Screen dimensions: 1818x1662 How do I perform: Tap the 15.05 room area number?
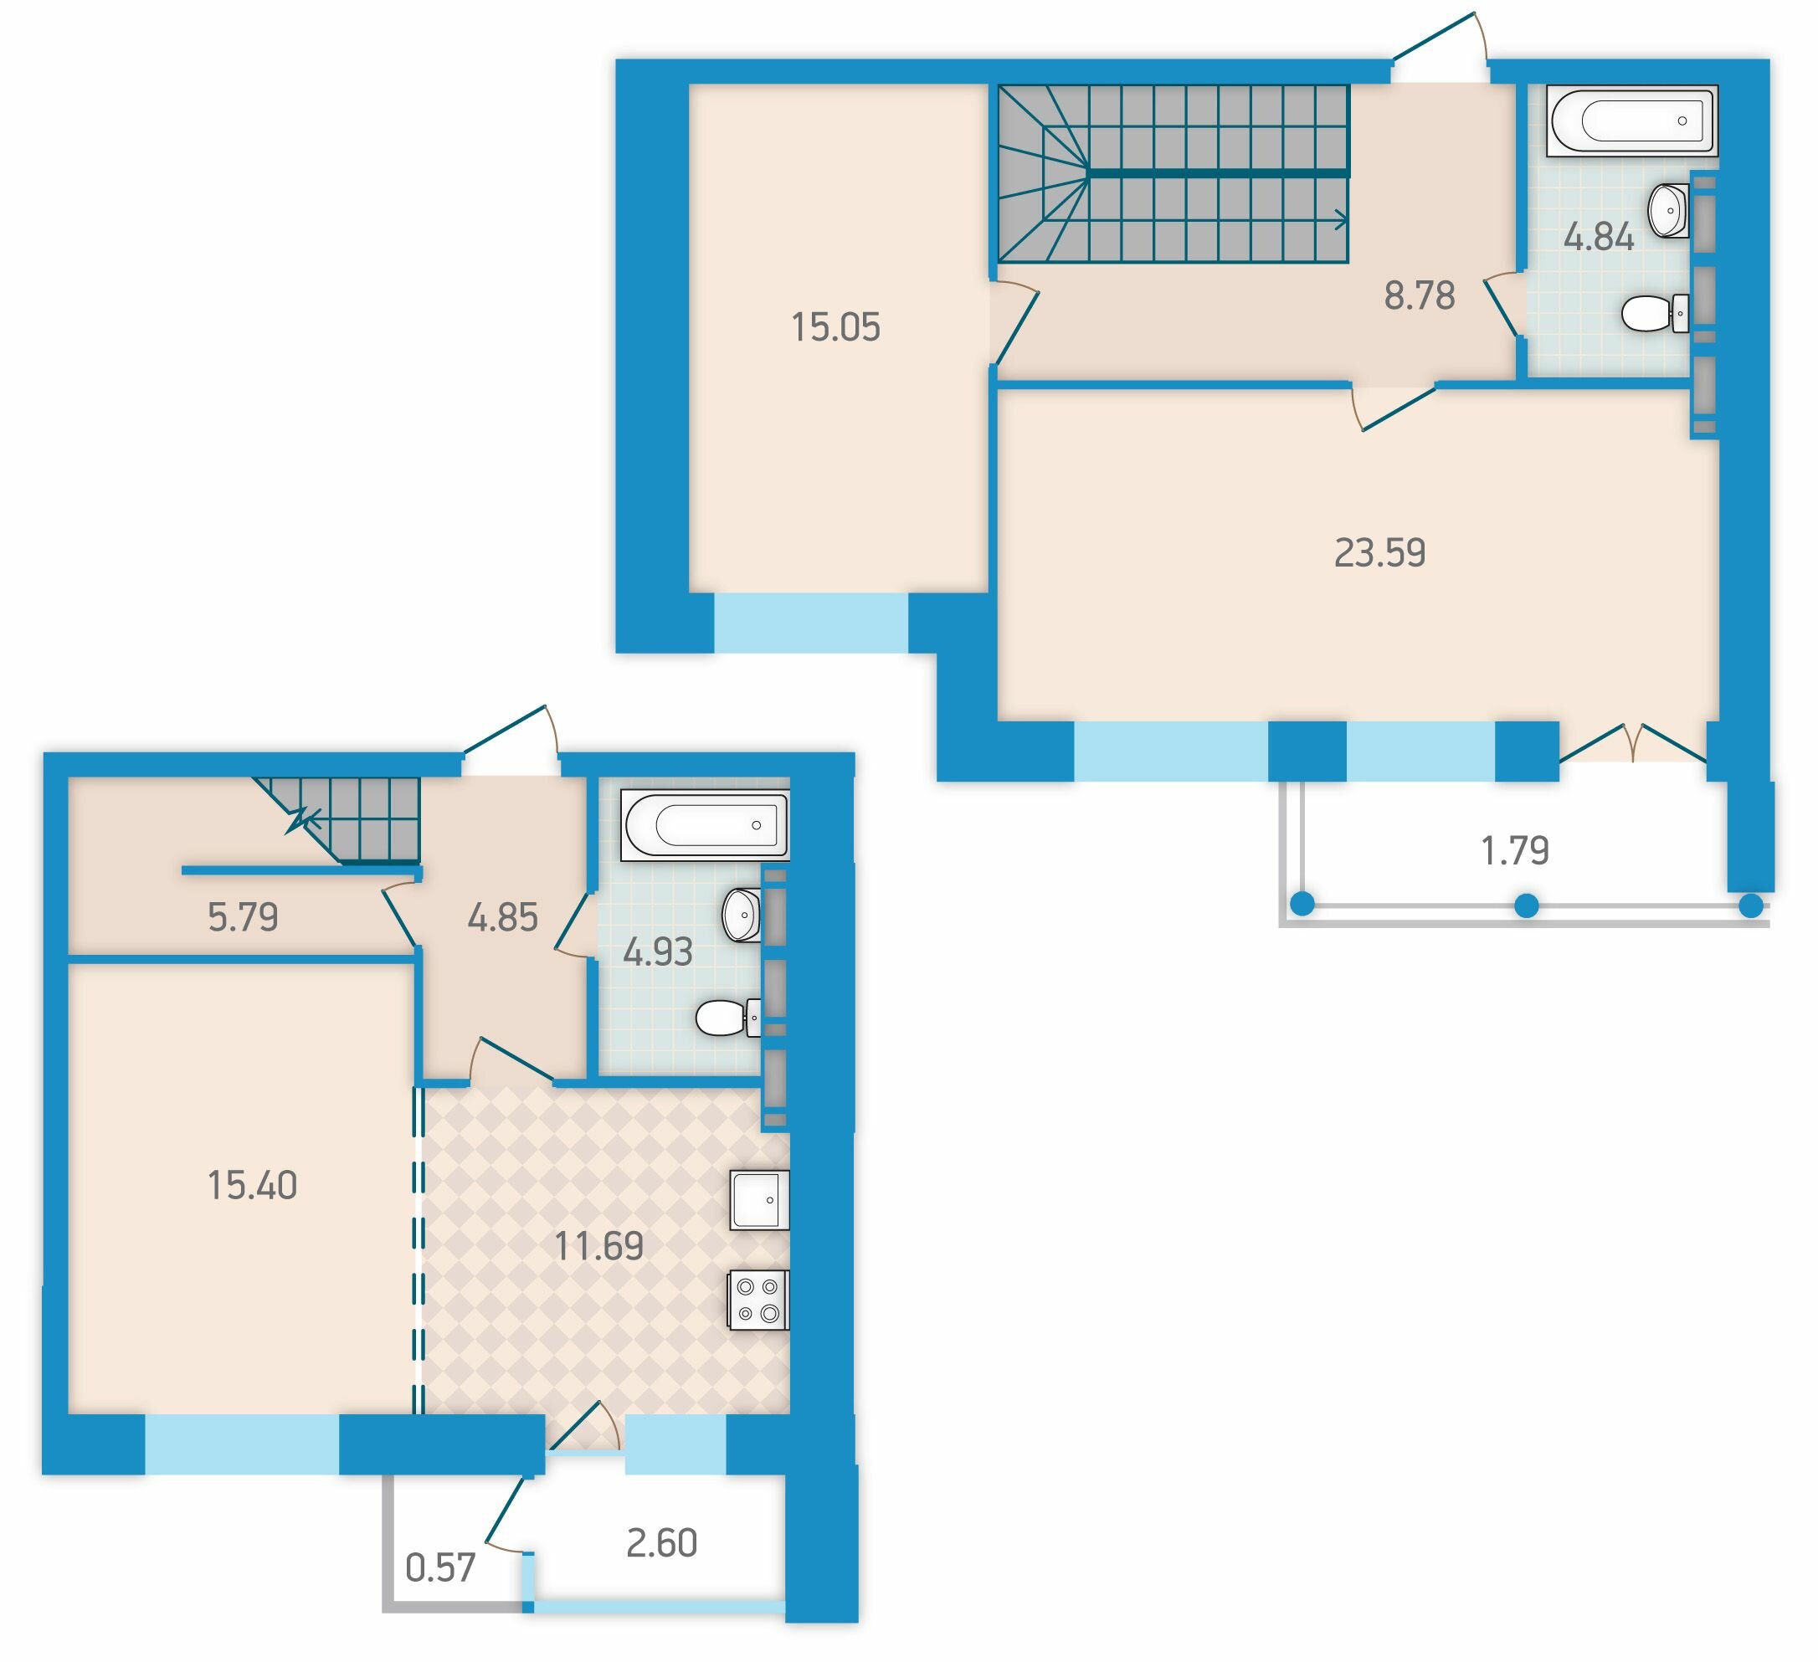(x=835, y=327)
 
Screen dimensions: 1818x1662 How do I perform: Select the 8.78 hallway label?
(x=1420, y=295)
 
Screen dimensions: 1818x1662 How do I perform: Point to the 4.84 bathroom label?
(x=1599, y=237)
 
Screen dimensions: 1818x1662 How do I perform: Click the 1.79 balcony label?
(x=1515, y=850)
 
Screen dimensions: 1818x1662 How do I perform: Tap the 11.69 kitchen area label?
(x=598, y=1246)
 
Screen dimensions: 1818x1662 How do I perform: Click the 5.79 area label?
(x=243, y=917)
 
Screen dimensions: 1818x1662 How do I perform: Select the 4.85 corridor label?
(x=502, y=917)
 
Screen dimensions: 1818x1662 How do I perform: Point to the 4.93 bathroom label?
(x=657, y=952)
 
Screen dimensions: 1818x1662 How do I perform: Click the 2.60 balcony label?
(x=662, y=1544)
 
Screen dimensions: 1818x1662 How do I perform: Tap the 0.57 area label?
(x=440, y=1568)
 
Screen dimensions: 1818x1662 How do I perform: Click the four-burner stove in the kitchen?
(x=759, y=1300)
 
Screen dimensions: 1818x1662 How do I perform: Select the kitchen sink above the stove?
(x=759, y=1200)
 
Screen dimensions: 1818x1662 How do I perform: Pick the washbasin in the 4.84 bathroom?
(x=1668, y=210)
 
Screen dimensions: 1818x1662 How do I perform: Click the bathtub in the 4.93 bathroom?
(x=706, y=825)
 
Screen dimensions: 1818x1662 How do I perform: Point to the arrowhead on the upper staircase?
(x=1342, y=219)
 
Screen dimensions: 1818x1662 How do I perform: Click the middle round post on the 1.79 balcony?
(x=1527, y=905)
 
